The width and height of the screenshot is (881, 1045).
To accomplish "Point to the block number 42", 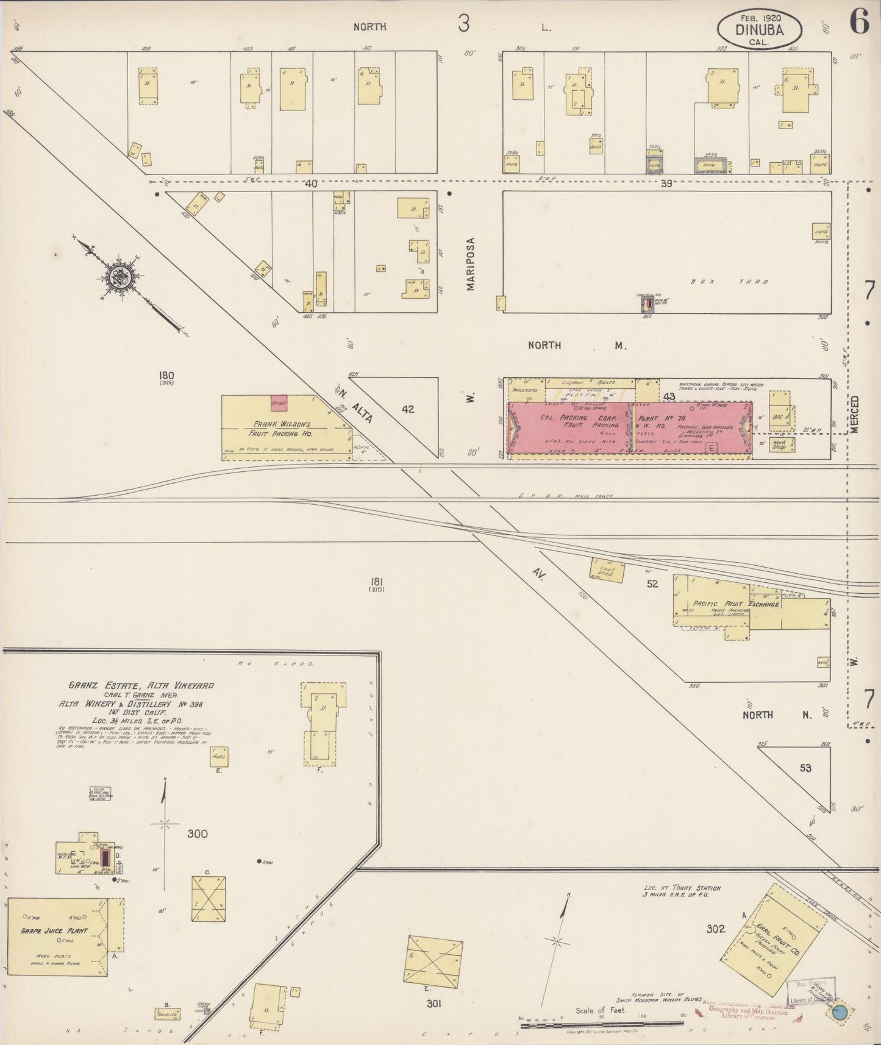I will pyautogui.click(x=408, y=409).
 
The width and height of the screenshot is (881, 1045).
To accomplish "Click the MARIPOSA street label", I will pyautogui.click(x=471, y=263).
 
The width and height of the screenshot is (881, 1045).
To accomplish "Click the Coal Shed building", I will pyautogui.click(x=606, y=569).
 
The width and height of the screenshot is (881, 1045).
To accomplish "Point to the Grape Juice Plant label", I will pyautogui.click(x=55, y=931).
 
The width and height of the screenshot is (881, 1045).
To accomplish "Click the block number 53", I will pyautogui.click(x=805, y=768).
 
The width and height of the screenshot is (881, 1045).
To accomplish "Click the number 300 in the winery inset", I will pyautogui.click(x=197, y=833).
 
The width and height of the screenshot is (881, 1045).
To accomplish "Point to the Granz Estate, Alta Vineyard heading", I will pyautogui.click(x=141, y=685).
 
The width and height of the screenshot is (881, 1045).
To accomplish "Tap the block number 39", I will pyautogui.click(x=666, y=183).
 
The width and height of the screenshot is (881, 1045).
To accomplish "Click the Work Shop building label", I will pyautogui.click(x=779, y=445).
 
